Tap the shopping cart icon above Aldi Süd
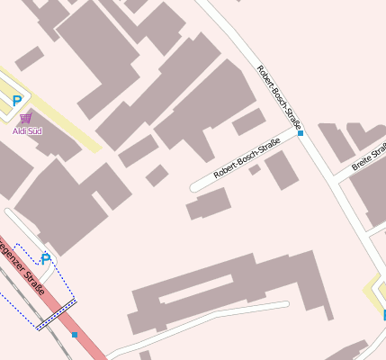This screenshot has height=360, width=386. point(25,118)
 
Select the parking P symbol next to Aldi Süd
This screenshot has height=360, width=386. point(16,102)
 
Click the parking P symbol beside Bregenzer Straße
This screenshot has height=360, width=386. point(46,259)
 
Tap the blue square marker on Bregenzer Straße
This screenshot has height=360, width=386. point(75,335)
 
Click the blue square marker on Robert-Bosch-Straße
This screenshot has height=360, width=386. point(301,134)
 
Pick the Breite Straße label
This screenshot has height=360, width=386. point(369,156)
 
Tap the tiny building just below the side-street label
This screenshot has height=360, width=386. point(255,169)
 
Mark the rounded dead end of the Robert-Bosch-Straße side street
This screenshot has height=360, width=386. point(194,186)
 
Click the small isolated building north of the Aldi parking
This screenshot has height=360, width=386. point(29,59)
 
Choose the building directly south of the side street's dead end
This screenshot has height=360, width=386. point(208,204)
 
